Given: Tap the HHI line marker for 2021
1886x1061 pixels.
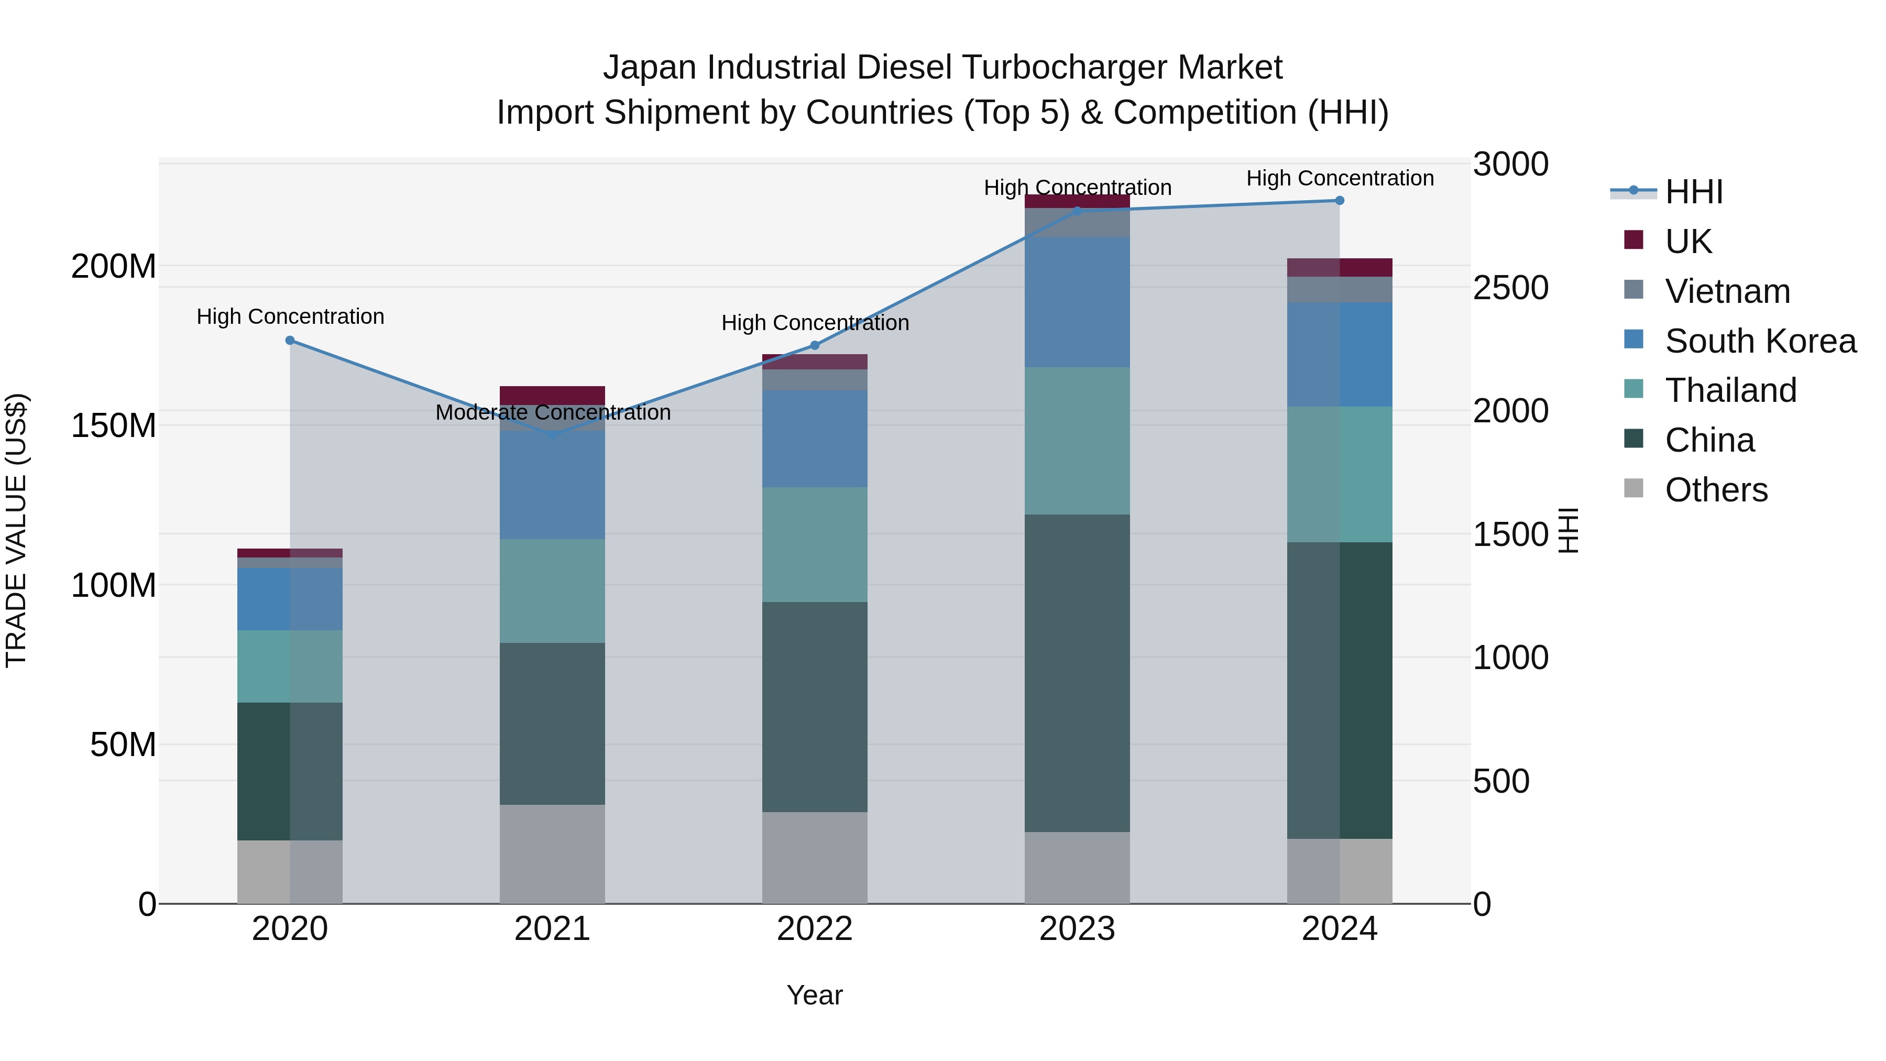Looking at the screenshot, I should (553, 435).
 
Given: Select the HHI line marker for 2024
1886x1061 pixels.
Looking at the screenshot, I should (1340, 201).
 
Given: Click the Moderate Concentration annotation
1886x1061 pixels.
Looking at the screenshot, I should (553, 412).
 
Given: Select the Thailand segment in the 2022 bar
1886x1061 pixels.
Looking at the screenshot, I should (815, 545).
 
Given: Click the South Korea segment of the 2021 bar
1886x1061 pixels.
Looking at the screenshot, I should (553, 485).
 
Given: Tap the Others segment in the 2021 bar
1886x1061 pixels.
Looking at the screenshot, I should (553, 854).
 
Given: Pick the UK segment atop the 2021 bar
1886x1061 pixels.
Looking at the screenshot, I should (553, 395).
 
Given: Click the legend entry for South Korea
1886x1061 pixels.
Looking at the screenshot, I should (1760, 341).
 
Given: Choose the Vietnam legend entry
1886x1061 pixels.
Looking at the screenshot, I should (1727, 291).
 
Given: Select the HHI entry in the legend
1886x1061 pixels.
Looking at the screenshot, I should (1693, 192).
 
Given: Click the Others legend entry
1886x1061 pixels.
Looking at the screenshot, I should (1715, 490).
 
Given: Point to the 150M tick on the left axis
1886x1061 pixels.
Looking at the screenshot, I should (114, 425).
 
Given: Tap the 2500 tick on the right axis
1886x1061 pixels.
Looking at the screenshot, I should (1510, 288).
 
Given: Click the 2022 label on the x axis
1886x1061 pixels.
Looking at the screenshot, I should (815, 929).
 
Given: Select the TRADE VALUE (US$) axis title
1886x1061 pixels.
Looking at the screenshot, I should (16, 530).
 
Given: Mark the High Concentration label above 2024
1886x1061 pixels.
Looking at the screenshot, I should (1340, 178).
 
